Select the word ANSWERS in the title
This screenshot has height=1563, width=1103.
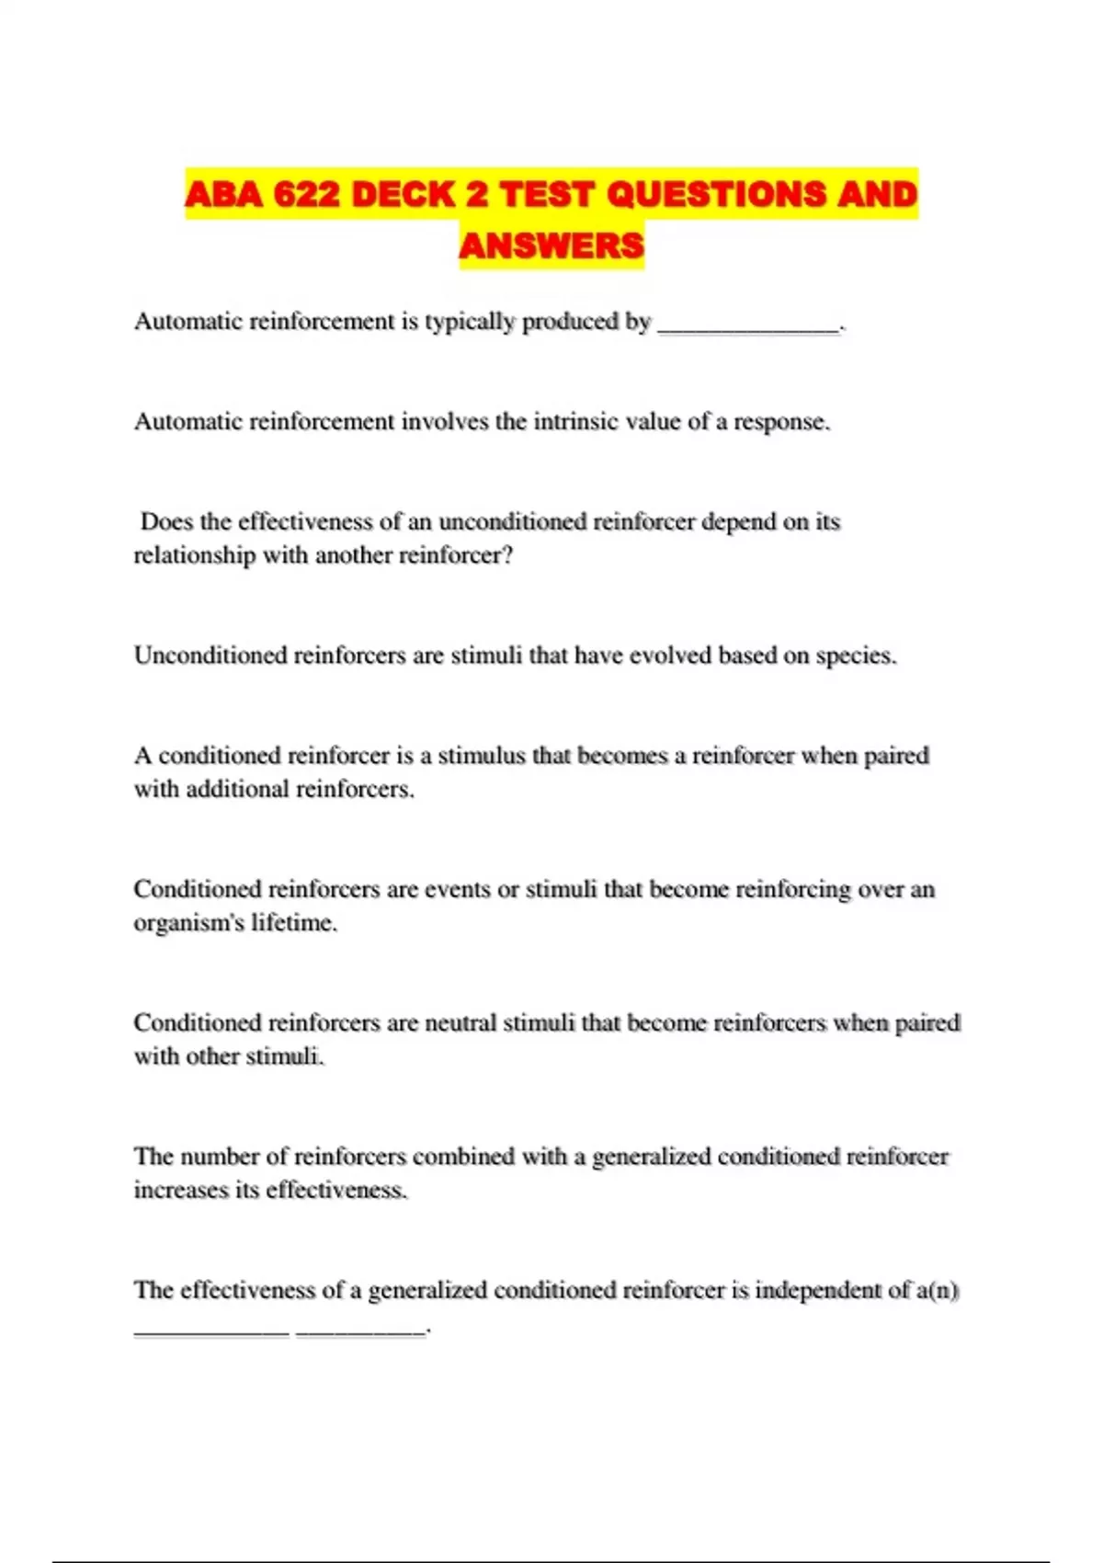point(551,245)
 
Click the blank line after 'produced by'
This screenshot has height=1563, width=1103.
point(749,324)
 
